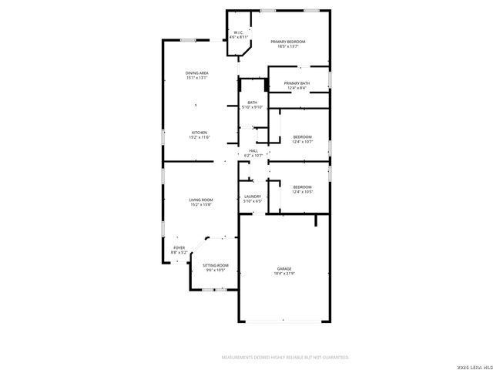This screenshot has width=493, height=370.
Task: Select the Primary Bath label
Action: [x=297, y=83]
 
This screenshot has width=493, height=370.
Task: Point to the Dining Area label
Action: [x=197, y=73]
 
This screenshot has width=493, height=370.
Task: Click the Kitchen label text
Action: [x=200, y=133]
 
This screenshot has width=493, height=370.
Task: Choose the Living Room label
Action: [x=201, y=200]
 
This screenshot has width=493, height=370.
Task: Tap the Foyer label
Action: [x=179, y=247]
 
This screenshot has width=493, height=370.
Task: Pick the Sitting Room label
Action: [x=216, y=265]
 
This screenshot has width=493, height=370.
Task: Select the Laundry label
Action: [x=253, y=197]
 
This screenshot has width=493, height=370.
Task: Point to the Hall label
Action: [x=253, y=151]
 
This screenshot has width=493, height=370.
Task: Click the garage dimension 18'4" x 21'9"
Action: [x=285, y=274]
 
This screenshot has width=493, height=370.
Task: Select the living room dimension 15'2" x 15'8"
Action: [x=201, y=204]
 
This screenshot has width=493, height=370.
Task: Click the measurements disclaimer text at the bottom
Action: [x=285, y=357]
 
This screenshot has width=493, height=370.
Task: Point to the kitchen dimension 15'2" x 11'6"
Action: [x=200, y=137]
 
